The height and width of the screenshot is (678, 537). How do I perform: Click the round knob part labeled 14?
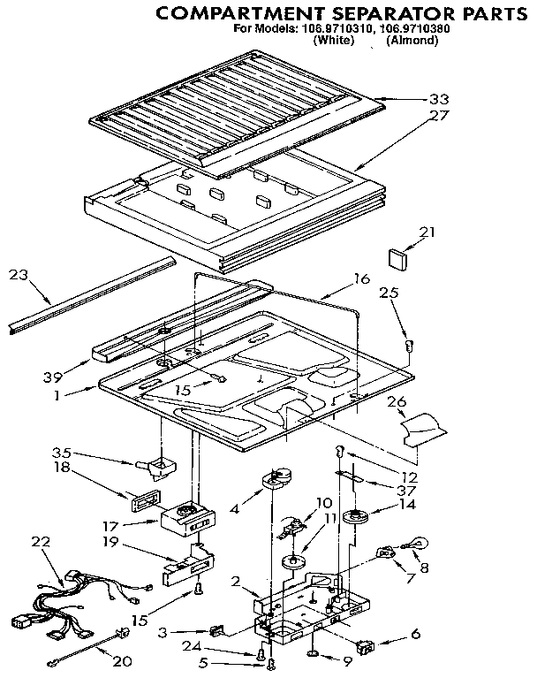click(358, 517)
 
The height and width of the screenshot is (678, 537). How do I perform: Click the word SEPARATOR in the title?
click(346, 14)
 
